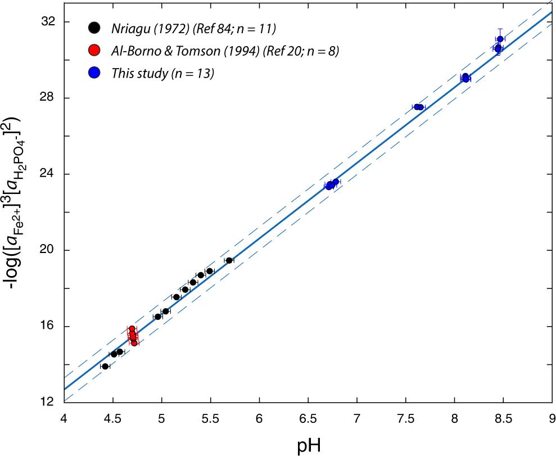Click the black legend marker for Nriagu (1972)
click(x=94, y=28)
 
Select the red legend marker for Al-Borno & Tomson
click(x=94, y=51)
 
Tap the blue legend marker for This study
click(x=94, y=73)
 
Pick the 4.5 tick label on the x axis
click(x=112, y=419)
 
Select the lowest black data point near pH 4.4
click(x=105, y=366)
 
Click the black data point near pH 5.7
click(x=229, y=260)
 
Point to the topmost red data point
click(x=132, y=329)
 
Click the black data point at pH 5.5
click(x=210, y=271)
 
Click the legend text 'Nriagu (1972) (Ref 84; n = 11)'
click(x=189, y=28)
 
